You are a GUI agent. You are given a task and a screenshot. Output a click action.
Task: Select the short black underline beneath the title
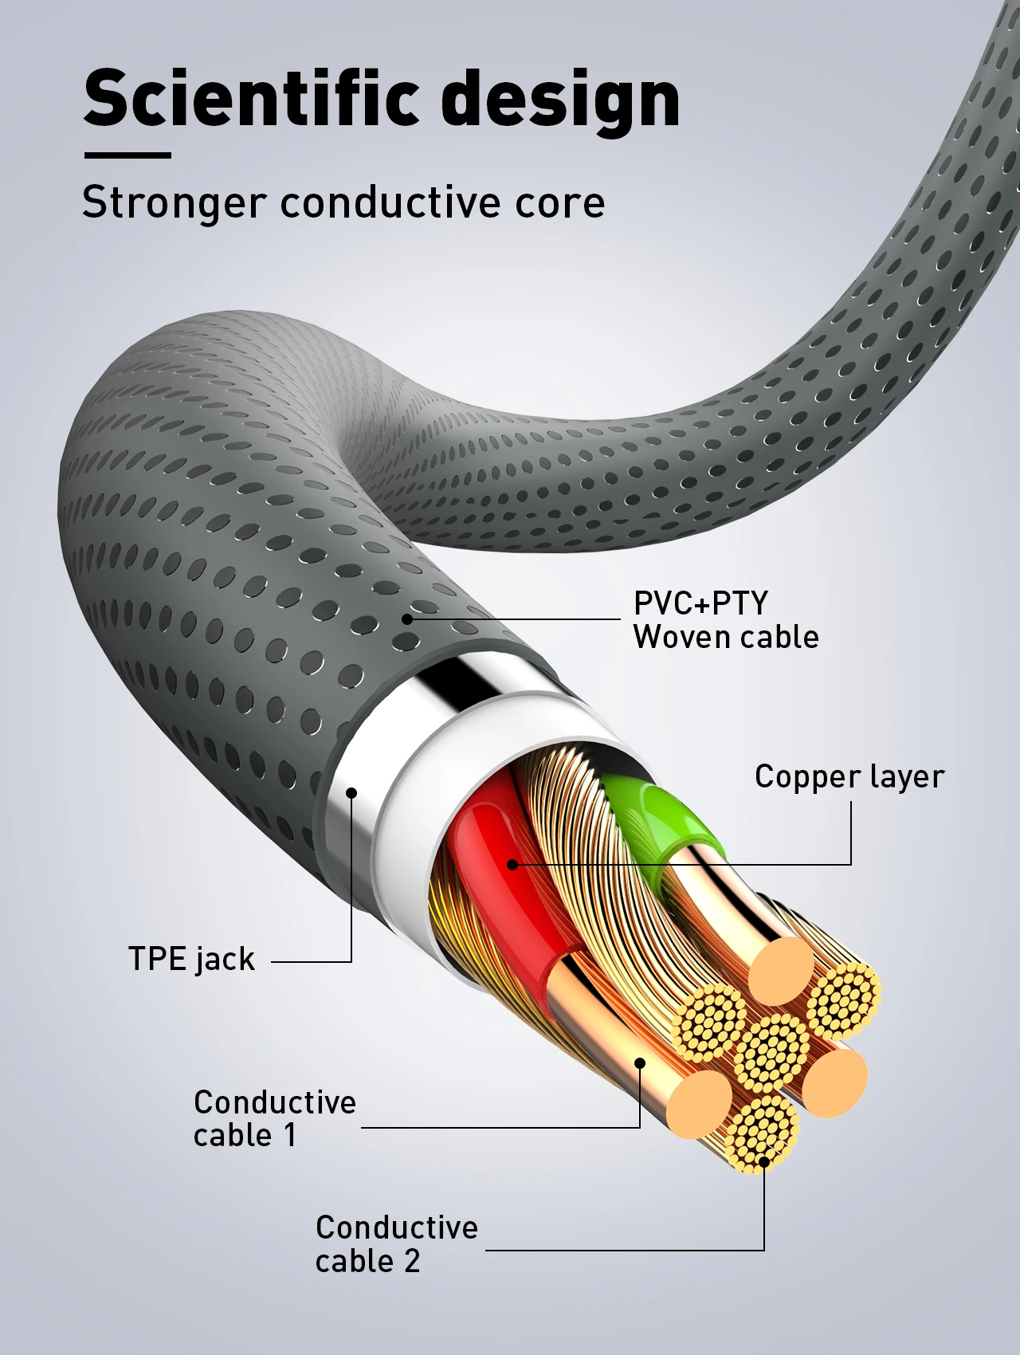[x=127, y=155]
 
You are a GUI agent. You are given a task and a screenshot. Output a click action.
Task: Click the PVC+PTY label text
[x=700, y=603]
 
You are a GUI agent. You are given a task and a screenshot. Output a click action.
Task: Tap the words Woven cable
[x=726, y=637]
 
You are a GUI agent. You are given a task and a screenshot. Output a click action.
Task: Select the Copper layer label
[x=849, y=776]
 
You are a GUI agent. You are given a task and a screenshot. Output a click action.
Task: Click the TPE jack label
[x=191, y=959]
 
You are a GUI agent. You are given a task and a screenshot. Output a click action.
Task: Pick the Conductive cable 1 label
[x=274, y=1118]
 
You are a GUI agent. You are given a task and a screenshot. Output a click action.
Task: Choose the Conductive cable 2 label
[x=396, y=1243]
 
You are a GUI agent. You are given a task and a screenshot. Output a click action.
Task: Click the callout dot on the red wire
[x=512, y=864]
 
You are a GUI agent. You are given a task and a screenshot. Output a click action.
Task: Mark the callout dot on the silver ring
[x=351, y=792]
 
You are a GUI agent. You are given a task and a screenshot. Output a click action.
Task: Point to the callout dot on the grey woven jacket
[x=407, y=619]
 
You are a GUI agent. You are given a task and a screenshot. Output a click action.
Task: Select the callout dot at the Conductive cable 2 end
[x=763, y=1161]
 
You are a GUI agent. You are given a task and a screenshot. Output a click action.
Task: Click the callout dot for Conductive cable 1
[x=640, y=1062]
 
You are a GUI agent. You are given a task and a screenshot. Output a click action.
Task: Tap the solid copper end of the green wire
[x=781, y=971]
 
